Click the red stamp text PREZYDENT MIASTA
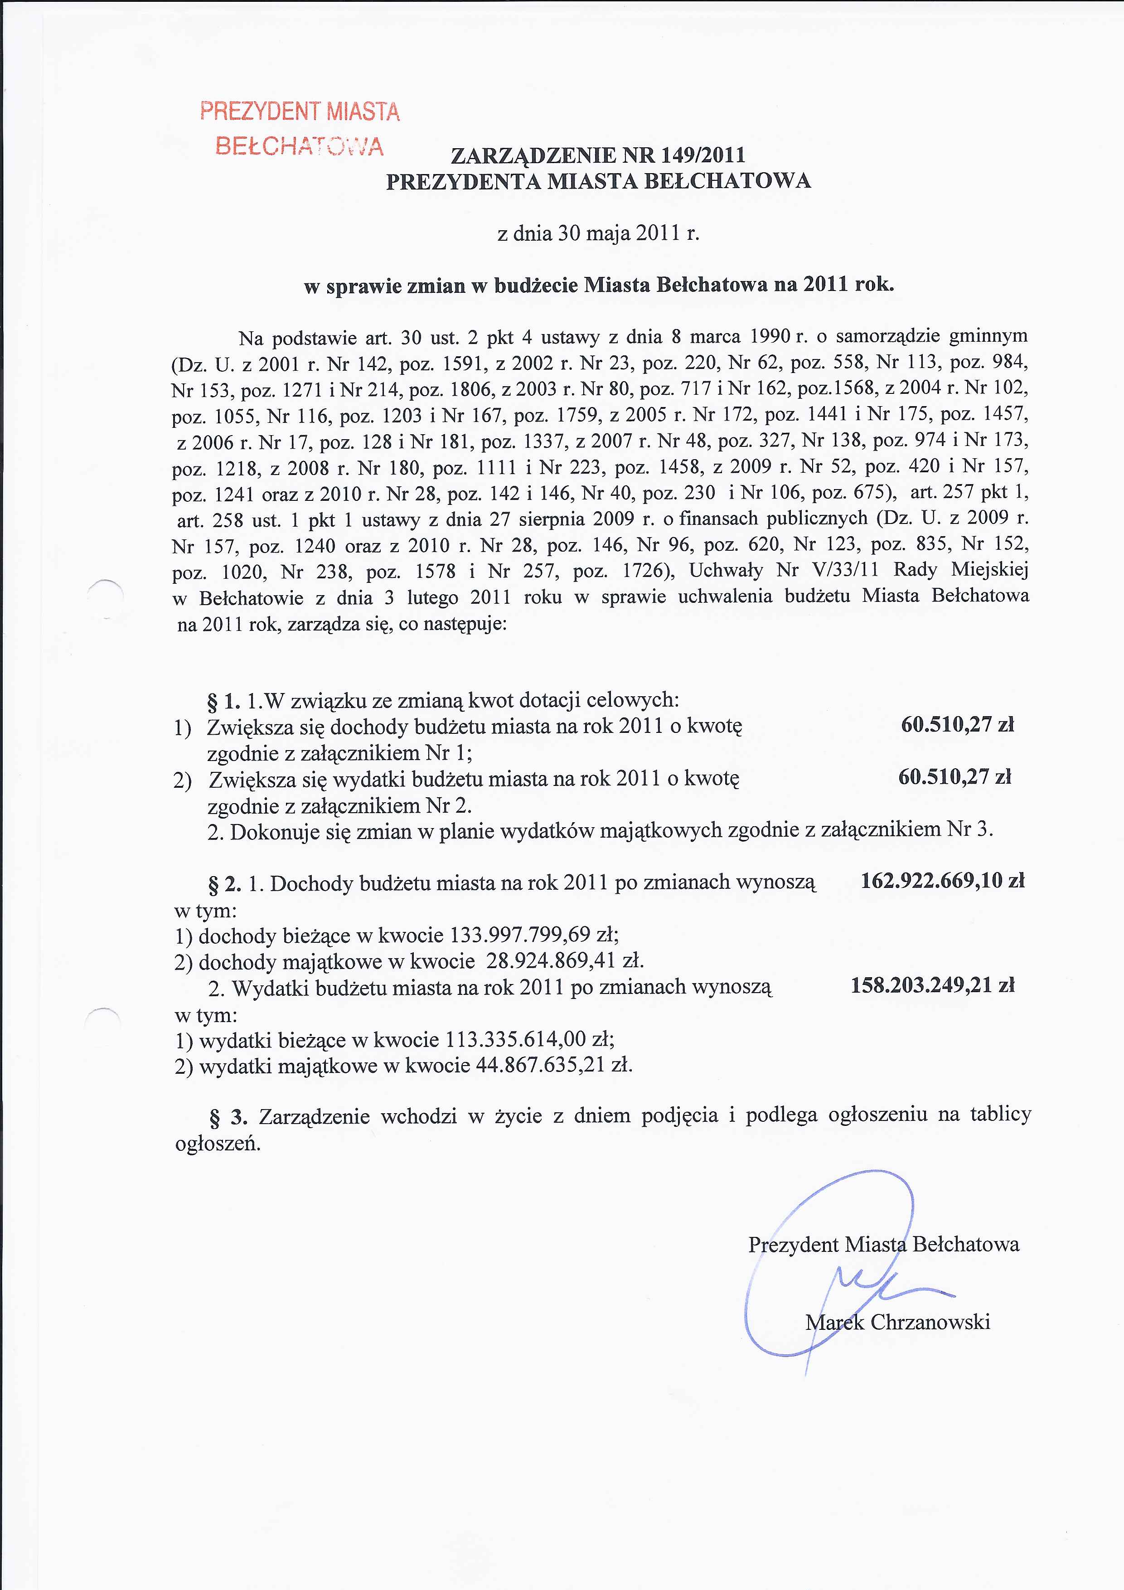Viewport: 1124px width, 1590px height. coord(300,111)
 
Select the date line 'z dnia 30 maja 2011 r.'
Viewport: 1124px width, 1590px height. coord(598,233)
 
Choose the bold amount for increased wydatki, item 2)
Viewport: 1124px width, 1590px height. coord(954,777)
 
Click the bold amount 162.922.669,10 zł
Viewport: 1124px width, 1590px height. coord(942,881)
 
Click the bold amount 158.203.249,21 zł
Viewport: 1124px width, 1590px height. coord(932,985)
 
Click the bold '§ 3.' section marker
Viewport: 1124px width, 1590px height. coord(228,1117)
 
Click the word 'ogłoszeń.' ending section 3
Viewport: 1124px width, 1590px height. coord(218,1144)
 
